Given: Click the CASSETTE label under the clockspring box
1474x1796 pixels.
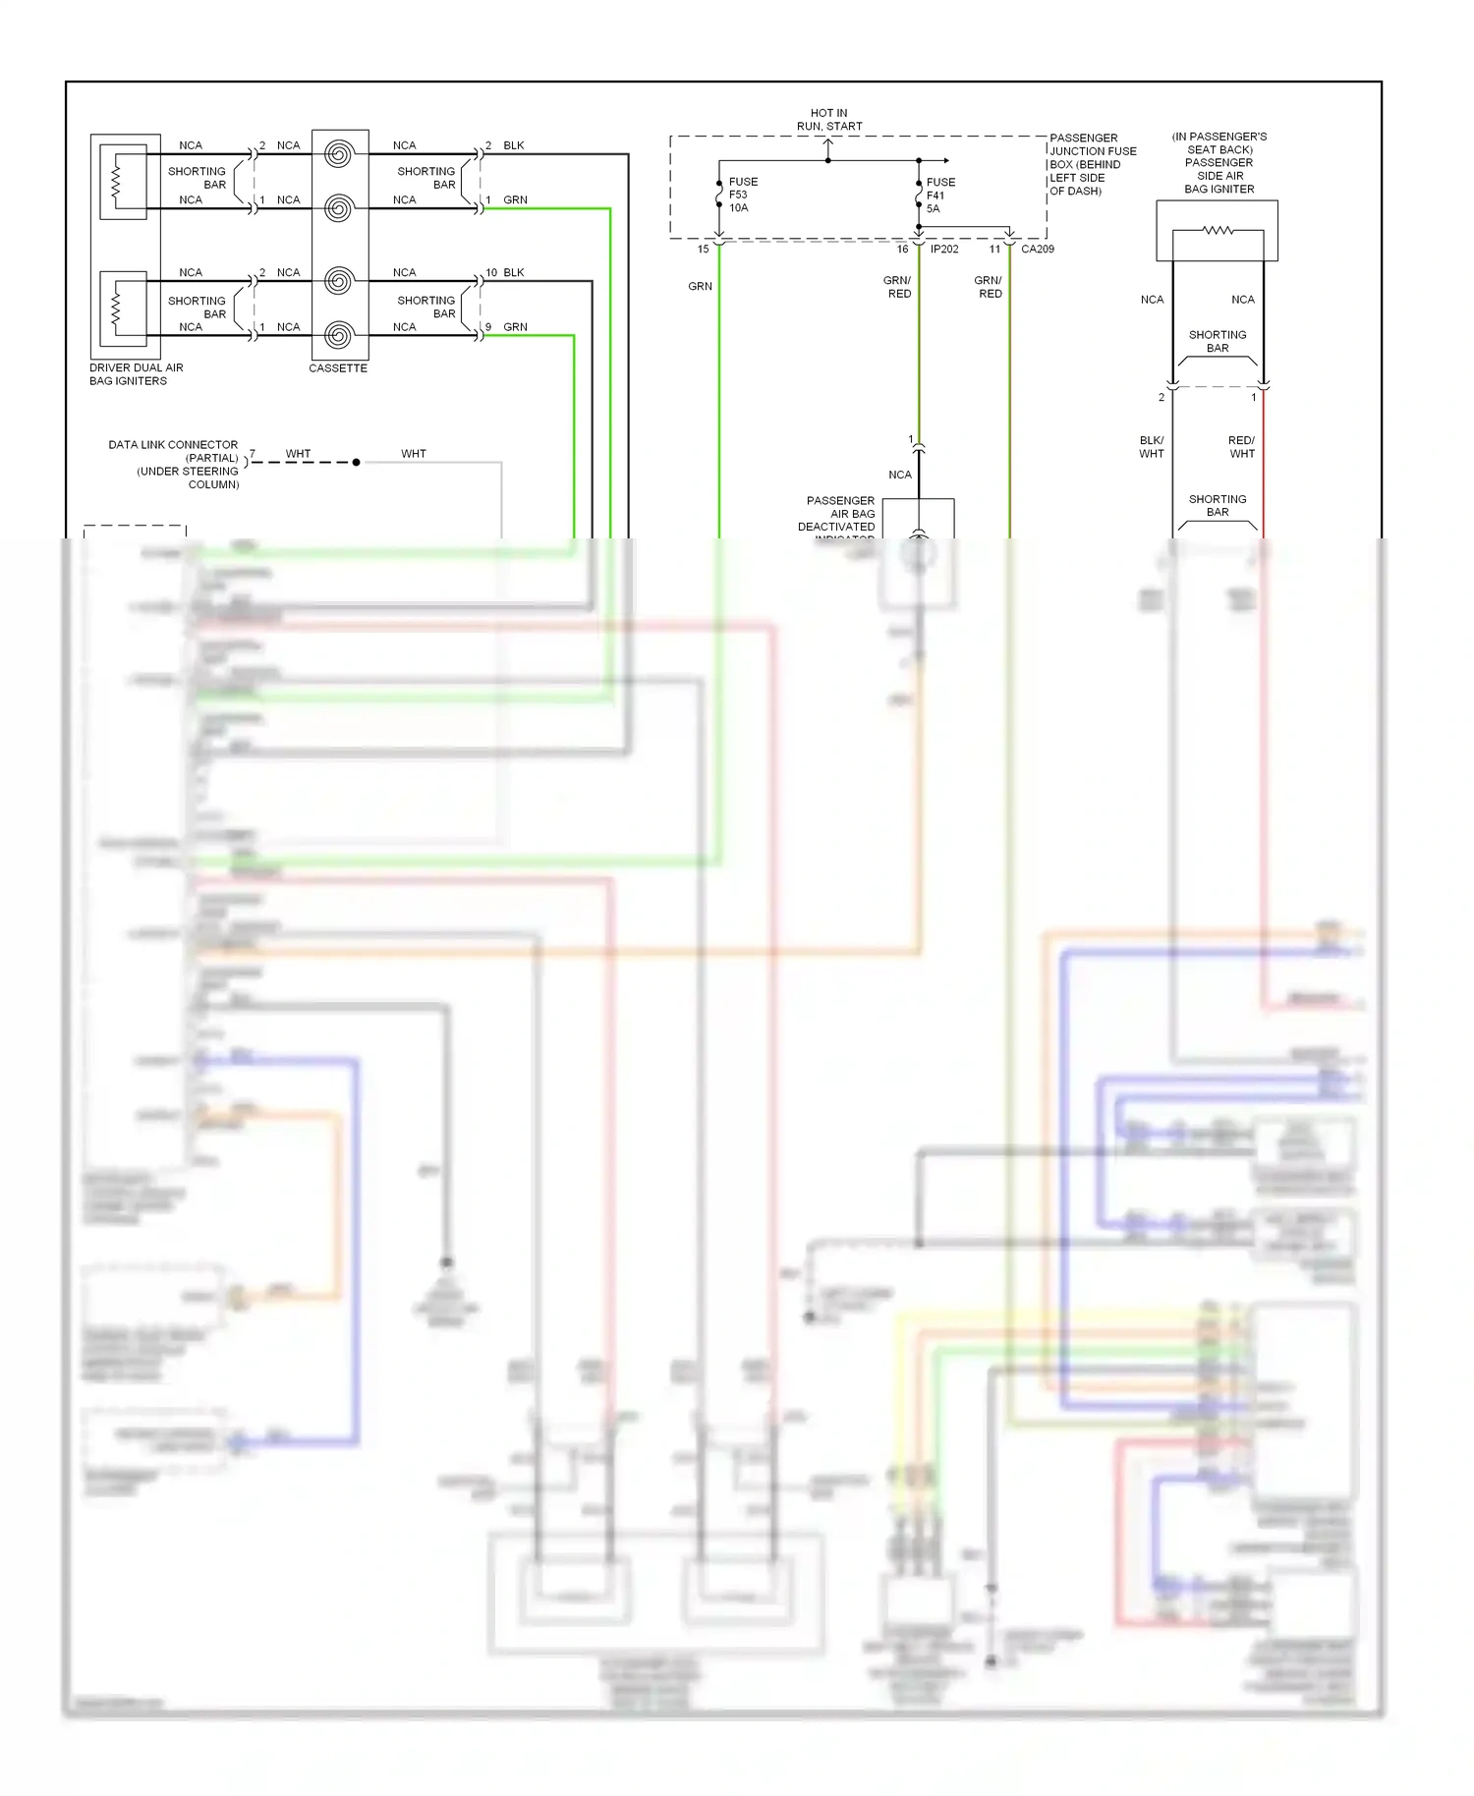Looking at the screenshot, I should pos(338,368).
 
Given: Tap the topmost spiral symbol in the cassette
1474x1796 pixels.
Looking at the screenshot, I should pos(339,154).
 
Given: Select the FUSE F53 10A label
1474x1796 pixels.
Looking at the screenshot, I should pos(743,195).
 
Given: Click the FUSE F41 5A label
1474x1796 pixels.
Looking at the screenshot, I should pos(939,196).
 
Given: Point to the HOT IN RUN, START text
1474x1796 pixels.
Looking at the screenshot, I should pos(829,120).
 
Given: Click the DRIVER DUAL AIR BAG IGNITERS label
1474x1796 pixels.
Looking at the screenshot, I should pos(136,374).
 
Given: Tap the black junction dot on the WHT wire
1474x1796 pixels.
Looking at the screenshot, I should pos(356,462).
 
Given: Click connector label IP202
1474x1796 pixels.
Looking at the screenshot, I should pos(944,250).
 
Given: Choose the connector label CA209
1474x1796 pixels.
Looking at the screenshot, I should pos(1037,250).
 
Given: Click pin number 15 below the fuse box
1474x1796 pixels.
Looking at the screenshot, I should pos(703,250).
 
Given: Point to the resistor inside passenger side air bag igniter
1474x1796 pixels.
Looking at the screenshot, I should pos(1218,231).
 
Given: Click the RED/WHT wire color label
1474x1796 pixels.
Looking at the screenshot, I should pos(1241,447).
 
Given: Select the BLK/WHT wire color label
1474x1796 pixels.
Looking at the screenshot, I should pos(1152,447).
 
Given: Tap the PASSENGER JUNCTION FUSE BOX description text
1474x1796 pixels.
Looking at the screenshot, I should pos(1092,164).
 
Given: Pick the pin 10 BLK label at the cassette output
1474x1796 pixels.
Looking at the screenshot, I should pos(505,272).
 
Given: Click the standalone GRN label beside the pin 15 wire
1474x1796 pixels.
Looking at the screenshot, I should pos(700,286).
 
